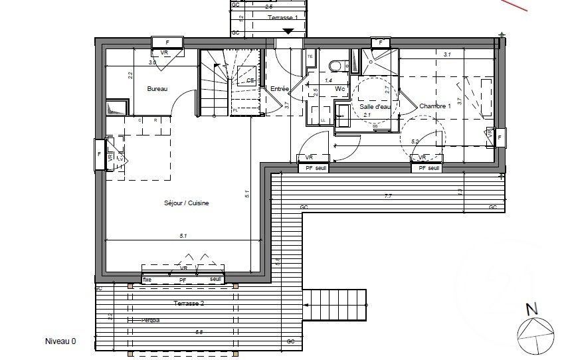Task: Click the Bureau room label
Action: click(x=157, y=88)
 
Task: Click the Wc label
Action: click(x=339, y=88)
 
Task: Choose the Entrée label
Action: click(x=280, y=88)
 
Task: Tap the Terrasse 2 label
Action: click(x=188, y=302)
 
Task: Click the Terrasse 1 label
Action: click(x=282, y=17)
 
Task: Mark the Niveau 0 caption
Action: click(x=60, y=341)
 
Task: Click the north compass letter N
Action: click(x=530, y=309)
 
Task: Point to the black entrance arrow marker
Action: click(x=288, y=31)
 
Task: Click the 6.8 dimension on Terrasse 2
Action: click(x=199, y=331)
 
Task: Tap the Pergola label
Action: click(x=151, y=320)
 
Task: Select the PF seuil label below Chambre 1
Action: click(x=426, y=169)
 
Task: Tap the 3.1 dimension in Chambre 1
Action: click(x=447, y=55)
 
